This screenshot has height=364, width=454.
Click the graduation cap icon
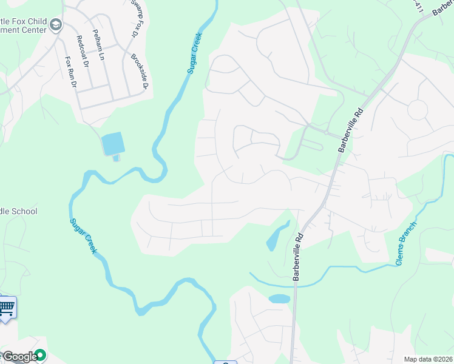coord(56,25)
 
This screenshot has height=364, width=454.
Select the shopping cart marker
coord(7,308)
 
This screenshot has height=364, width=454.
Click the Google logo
coord(19,357)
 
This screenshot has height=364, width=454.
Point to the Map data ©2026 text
coord(429,359)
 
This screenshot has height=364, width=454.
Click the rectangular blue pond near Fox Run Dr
coord(113,144)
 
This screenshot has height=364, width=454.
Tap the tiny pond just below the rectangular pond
coord(116,159)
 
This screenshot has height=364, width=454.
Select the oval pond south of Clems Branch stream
coord(279,298)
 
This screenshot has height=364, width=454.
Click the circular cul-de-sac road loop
coord(418,109)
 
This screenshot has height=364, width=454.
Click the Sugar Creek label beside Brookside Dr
coord(194,53)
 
